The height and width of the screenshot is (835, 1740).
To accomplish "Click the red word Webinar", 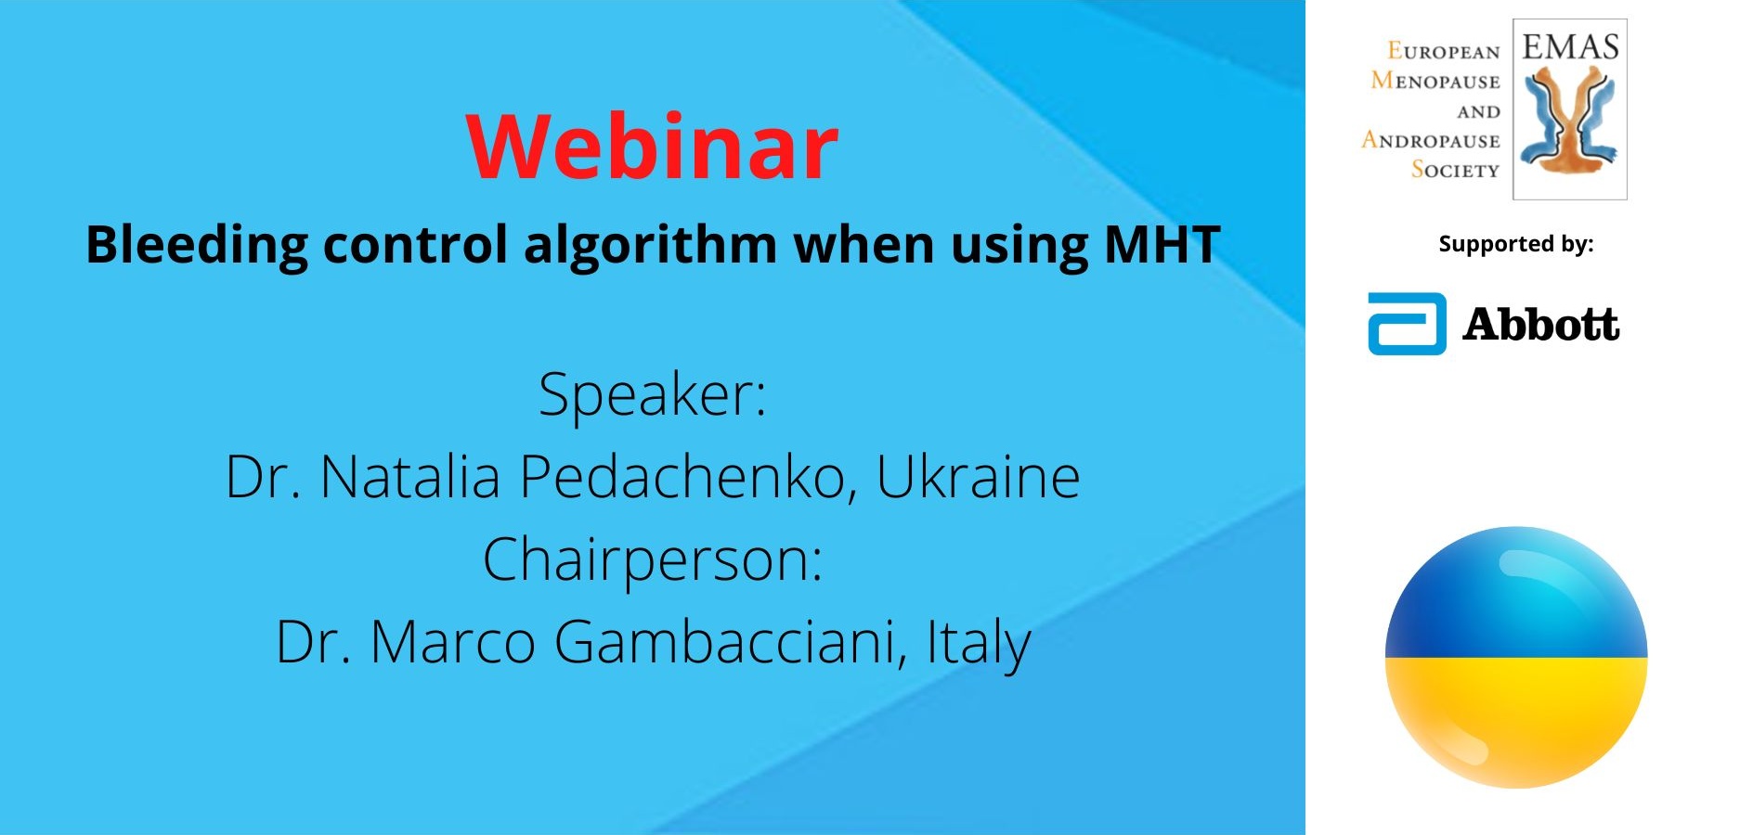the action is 653,147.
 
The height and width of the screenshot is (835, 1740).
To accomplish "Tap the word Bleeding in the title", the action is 197,246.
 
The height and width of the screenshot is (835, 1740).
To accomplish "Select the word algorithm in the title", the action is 651,246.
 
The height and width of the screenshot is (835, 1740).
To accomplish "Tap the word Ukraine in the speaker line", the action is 979,477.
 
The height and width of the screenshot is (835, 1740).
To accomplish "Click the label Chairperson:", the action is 653,560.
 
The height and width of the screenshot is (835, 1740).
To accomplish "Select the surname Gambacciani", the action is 731,642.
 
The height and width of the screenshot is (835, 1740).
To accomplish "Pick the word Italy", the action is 979,643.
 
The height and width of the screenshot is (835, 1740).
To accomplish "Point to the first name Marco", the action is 453,642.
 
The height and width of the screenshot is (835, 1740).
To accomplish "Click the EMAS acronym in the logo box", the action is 1570,46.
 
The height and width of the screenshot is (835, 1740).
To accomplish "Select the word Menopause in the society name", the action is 1435,81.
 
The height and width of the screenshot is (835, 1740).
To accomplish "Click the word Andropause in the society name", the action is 1431,140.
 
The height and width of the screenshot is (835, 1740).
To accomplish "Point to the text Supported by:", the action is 1515,244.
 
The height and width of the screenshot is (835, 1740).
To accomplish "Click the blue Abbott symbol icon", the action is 1407,324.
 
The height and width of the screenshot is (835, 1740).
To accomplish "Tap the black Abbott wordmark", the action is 1541,325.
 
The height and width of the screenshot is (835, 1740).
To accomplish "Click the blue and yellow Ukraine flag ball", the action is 1516,658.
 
